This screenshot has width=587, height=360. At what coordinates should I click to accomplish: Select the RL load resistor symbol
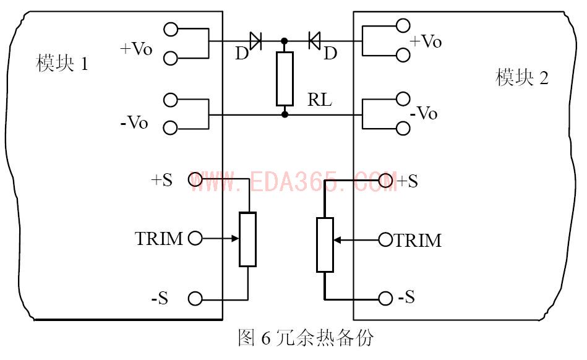pyautogui.click(x=284, y=79)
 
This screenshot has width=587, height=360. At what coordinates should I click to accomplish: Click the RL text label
pyautogui.click(x=319, y=100)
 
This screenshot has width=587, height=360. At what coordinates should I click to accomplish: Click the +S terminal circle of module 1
pyautogui.click(x=195, y=180)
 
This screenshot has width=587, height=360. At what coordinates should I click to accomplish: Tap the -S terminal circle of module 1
pyautogui.click(x=195, y=299)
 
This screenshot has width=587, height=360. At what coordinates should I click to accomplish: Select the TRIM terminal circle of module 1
pyautogui.click(x=195, y=238)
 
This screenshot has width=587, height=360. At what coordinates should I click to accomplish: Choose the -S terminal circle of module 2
pyautogui.click(x=386, y=299)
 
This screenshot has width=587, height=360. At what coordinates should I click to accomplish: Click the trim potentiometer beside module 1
pyautogui.click(x=247, y=239)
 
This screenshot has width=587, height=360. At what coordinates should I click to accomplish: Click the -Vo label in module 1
pyautogui.click(x=134, y=122)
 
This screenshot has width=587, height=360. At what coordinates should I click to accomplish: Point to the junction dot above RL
pyautogui.click(x=284, y=41)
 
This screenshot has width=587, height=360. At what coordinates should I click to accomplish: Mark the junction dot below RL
pyautogui.click(x=284, y=114)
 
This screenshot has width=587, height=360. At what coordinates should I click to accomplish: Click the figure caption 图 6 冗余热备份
pyautogui.click(x=306, y=338)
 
